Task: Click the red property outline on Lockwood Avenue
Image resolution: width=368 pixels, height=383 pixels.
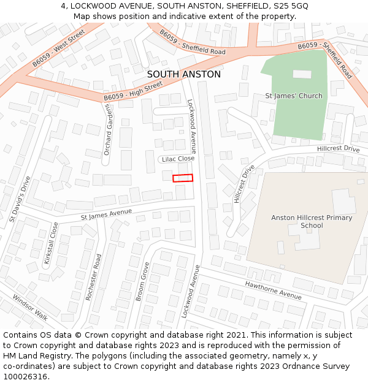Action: pyautogui.click(x=183, y=178)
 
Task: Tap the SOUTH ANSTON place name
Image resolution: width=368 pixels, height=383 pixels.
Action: pyautogui.click(x=184, y=75)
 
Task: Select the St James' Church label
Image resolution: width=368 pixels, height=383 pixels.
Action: pyautogui.click(x=293, y=96)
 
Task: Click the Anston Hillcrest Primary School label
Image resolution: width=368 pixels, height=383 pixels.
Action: pyautogui.click(x=312, y=221)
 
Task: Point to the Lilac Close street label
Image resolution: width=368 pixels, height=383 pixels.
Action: pyautogui.click(x=178, y=159)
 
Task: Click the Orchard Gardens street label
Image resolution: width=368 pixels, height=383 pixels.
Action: pyautogui.click(x=108, y=129)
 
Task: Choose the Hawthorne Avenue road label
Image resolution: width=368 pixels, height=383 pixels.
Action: pyautogui.click(x=273, y=289)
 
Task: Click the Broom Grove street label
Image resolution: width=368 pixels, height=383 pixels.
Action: pyautogui.click(x=142, y=282)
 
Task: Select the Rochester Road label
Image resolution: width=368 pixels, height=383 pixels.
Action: pyautogui.click(x=93, y=277)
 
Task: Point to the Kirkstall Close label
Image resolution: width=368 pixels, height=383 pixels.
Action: pyautogui.click(x=51, y=243)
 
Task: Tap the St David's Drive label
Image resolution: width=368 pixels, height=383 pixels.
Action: pyautogui.click(x=20, y=199)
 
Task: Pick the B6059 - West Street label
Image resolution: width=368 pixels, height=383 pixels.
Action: pyautogui.click(x=59, y=48)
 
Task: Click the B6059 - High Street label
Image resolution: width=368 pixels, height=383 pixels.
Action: pyautogui.click(x=132, y=92)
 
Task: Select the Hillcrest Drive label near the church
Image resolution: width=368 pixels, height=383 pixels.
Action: pyautogui.click(x=339, y=149)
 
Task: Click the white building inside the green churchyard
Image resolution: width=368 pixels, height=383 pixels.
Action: pyautogui.click(x=302, y=74)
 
